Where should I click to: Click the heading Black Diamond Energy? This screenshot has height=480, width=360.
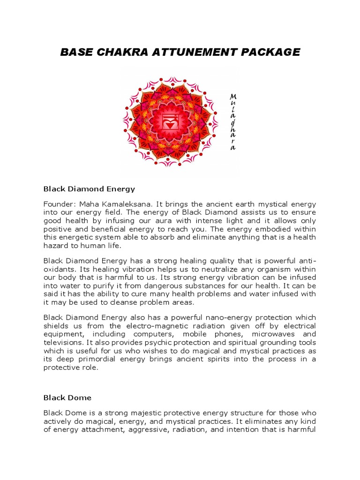(x=89, y=189)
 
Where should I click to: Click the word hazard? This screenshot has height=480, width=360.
(x=56, y=246)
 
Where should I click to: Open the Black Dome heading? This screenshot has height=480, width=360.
(x=67, y=397)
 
